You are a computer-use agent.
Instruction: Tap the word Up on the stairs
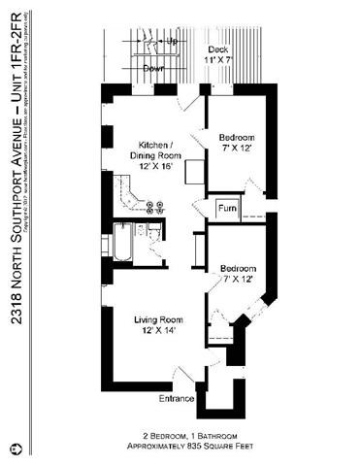click(172, 43)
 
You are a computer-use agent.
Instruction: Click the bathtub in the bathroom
click(123, 244)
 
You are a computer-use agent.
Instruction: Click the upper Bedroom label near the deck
click(237, 136)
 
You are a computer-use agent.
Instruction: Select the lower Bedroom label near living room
click(238, 268)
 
